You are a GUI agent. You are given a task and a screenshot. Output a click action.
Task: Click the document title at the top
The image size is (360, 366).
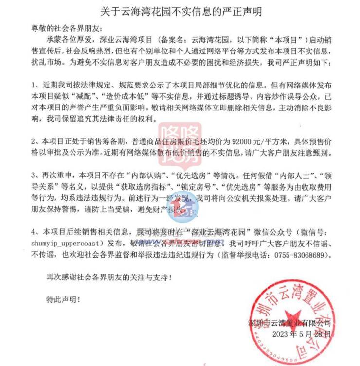(x=180, y=10)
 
